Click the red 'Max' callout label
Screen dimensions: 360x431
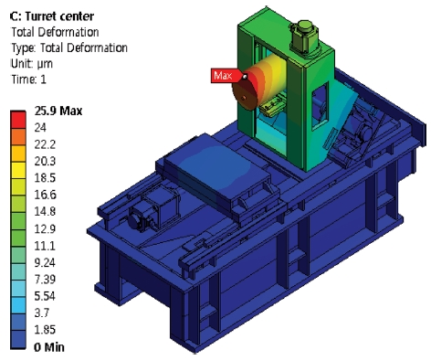[x=221, y=75]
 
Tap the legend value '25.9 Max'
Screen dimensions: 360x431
[x=58, y=111]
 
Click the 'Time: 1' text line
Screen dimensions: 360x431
[x=30, y=79]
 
